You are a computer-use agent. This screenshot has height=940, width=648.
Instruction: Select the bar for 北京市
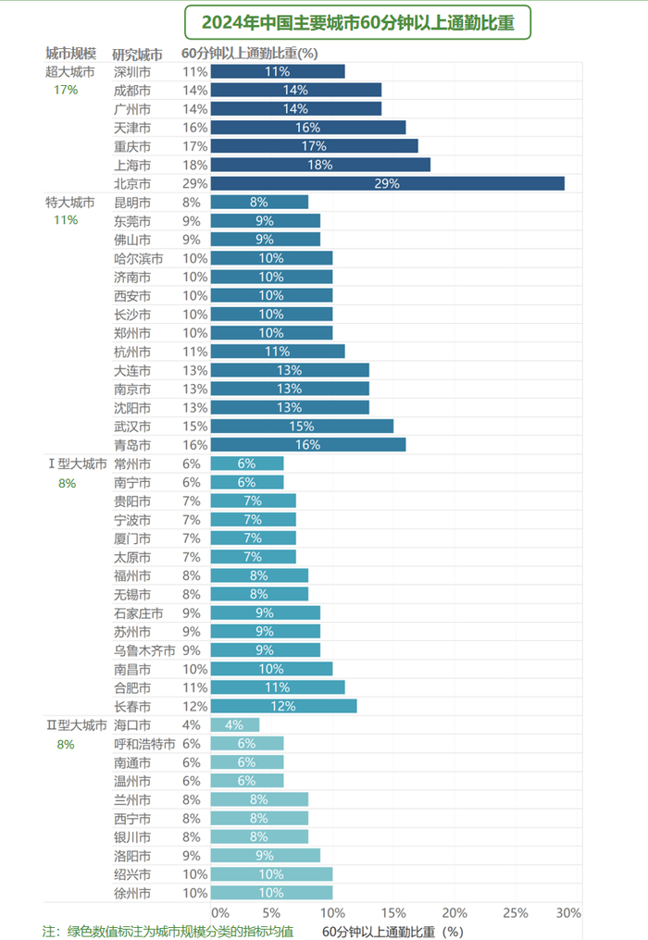point(387,183)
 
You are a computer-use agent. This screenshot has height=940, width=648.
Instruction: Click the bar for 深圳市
point(278,71)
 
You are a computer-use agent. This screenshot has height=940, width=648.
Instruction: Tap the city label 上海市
point(131,165)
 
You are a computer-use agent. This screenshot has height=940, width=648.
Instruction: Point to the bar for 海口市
point(234,724)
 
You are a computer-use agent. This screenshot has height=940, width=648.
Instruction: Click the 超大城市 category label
point(69,71)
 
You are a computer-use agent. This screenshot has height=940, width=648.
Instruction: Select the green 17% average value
point(66,90)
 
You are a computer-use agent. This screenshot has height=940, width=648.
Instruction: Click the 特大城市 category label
point(69,202)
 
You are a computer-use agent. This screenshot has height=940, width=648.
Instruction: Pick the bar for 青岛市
point(307,444)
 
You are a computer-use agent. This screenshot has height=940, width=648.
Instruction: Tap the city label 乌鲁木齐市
point(143,649)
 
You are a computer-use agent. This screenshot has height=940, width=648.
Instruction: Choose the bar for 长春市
point(283,706)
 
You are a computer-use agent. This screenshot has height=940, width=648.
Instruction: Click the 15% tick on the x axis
point(393,913)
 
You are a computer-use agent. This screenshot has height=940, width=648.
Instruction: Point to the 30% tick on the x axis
point(569,913)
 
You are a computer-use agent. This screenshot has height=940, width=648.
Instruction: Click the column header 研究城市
point(138,54)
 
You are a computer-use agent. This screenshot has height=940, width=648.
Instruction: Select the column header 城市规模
point(70,53)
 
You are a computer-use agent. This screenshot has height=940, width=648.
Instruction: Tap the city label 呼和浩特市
point(143,743)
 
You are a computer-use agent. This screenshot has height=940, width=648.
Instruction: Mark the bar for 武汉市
point(302,426)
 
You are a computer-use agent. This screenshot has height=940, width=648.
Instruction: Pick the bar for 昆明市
point(259,202)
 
